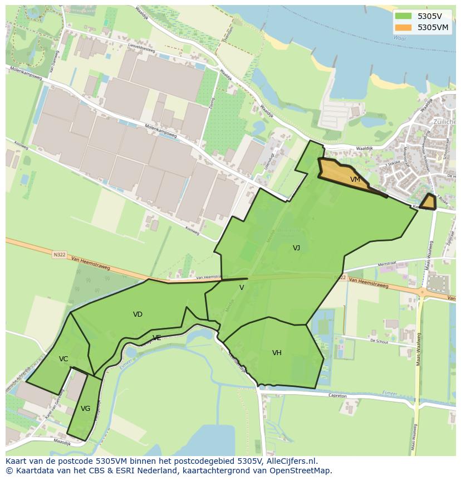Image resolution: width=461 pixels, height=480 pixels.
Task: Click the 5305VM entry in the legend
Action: tap(433, 27)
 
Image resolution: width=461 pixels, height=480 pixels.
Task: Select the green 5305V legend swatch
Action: tap(404, 16)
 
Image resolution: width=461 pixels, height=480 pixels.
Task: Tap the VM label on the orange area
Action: tap(355, 180)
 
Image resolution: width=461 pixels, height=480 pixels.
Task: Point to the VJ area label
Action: tap(297, 248)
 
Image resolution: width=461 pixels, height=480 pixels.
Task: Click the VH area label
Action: tap(277, 353)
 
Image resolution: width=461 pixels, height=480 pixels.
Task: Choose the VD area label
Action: tap(138, 314)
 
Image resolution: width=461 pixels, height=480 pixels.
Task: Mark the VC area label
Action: tap(63, 359)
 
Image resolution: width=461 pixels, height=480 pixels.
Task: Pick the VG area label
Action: tap(85, 409)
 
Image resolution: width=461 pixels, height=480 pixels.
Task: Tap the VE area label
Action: tap(157, 338)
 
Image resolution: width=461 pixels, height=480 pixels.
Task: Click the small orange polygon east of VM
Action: tap(428, 202)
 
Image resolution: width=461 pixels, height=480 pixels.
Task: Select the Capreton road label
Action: tap(337, 396)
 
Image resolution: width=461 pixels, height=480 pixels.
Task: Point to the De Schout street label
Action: tap(379, 341)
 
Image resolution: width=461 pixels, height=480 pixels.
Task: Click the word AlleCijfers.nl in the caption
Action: tap(291, 462)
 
